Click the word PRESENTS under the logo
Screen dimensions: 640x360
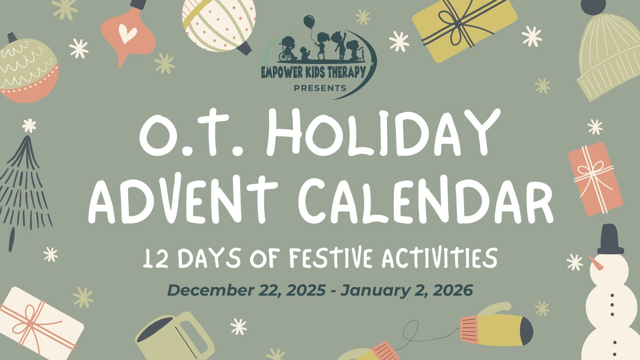(319, 88)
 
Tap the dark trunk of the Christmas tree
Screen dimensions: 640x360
(12, 239)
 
